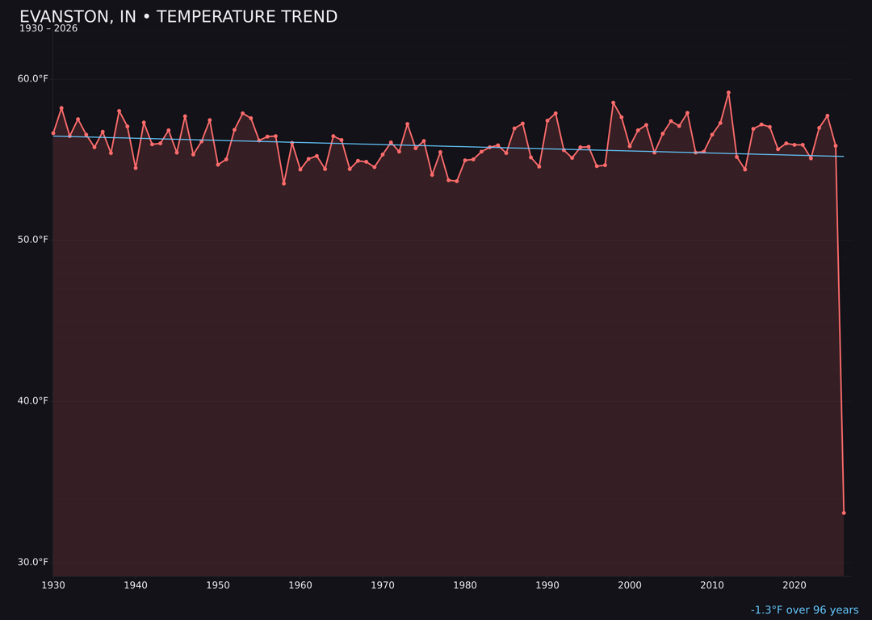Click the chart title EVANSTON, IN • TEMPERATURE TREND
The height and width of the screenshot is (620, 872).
(178, 17)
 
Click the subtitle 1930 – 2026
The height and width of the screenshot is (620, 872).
(48, 29)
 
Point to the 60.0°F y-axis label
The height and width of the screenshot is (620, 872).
(33, 78)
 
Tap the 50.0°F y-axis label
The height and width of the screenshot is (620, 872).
(33, 240)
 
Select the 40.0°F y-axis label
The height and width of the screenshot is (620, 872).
(33, 401)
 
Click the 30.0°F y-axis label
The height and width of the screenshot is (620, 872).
(33, 563)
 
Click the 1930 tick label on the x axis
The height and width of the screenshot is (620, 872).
(53, 585)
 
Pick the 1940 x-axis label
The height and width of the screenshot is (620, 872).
(136, 585)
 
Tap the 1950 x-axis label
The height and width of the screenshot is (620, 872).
(218, 585)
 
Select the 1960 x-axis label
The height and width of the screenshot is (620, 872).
(300, 585)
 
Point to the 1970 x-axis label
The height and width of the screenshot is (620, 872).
(383, 585)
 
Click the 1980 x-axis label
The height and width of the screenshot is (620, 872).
(465, 585)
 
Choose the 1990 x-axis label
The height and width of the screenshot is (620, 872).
(547, 585)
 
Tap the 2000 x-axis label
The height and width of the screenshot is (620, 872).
(630, 585)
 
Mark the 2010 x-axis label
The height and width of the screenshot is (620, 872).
(712, 585)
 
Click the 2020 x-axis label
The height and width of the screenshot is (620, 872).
(794, 585)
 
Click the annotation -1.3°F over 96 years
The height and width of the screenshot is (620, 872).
(804, 610)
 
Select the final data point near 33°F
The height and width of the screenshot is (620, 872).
(844, 513)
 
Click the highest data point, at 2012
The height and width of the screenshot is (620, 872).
(728, 93)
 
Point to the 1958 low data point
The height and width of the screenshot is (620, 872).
(283, 183)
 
